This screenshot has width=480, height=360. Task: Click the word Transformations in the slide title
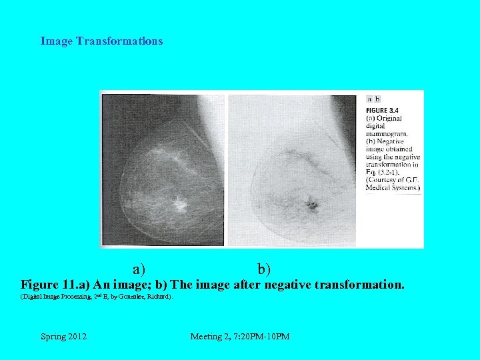click(x=119, y=41)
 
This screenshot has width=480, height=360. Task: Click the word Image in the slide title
click(x=57, y=41)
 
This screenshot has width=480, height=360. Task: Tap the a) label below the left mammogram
click(x=139, y=269)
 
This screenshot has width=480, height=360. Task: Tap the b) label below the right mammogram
click(x=264, y=269)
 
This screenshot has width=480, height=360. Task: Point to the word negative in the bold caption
click(x=291, y=285)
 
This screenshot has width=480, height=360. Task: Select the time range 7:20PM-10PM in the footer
click(x=261, y=337)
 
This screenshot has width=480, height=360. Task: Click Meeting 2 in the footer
click(x=209, y=337)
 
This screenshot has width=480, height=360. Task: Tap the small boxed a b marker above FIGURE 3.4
click(x=373, y=99)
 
